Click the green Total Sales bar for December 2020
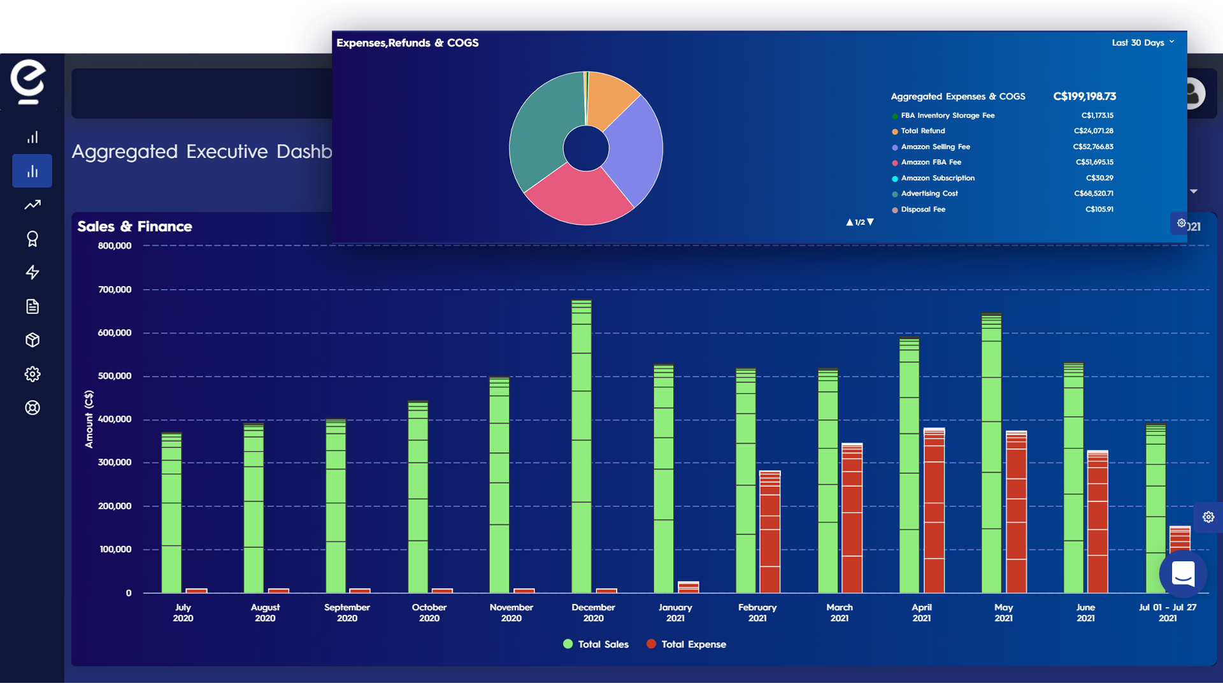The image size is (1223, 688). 581,446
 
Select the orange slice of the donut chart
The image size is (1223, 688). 610,99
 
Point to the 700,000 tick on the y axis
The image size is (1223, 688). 115,289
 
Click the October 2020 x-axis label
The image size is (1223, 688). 429,612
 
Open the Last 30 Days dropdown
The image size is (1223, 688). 1143,43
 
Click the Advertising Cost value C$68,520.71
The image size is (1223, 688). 1093,194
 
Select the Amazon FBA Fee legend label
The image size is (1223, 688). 931,162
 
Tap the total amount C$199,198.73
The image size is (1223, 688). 1084,96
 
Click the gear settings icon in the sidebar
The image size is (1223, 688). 32,374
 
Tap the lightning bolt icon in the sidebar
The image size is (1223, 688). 32,273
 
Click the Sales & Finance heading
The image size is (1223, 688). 134,226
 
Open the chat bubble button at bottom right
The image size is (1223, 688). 1183,574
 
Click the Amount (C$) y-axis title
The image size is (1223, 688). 89,419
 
